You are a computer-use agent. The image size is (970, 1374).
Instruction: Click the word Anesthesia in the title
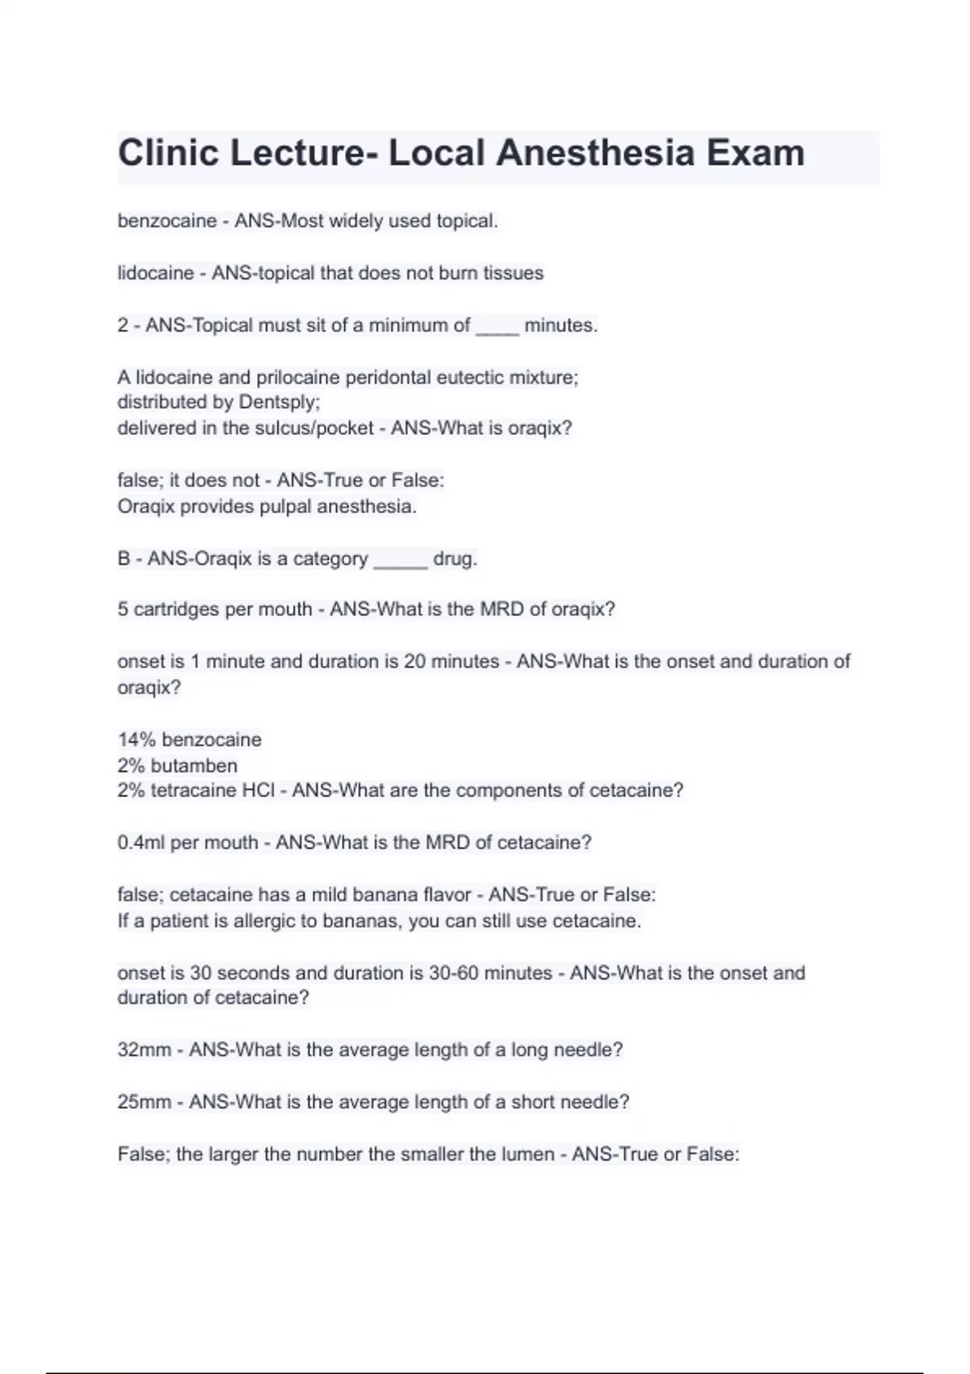click(x=594, y=153)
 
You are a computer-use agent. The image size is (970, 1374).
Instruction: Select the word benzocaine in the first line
click(x=167, y=221)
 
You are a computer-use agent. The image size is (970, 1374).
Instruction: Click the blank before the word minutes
click(x=497, y=326)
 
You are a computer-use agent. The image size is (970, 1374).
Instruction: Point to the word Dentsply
click(x=279, y=402)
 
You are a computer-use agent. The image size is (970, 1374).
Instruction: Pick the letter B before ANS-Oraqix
click(x=124, y=558)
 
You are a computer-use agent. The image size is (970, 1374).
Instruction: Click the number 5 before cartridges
click(x=123, y=609)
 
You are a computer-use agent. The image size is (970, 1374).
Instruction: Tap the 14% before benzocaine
click(x=137, y=740)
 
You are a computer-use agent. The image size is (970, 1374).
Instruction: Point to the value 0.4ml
click(x=141, y=842)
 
